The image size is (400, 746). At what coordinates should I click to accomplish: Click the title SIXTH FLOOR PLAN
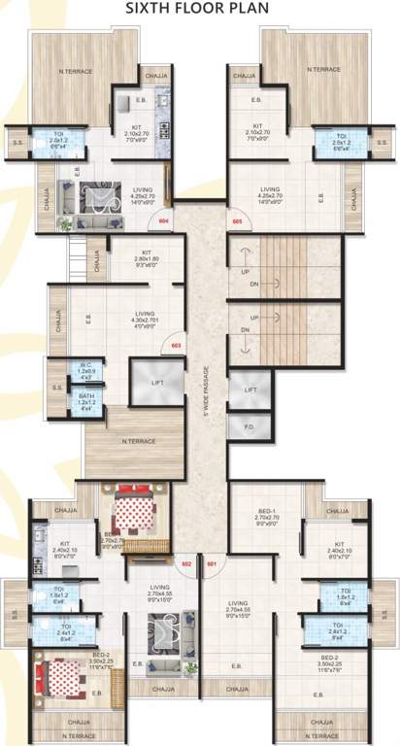[x=199, y=9]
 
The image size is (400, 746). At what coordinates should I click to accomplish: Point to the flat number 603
[x=177, y=345]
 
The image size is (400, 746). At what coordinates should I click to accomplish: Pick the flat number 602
[x=186, y=561]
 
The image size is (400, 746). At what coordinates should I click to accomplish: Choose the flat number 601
[x=213, y=561]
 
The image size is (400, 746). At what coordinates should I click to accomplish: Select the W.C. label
[x=86, y=367]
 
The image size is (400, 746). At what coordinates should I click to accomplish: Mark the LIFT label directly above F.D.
[x=250, y=389]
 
